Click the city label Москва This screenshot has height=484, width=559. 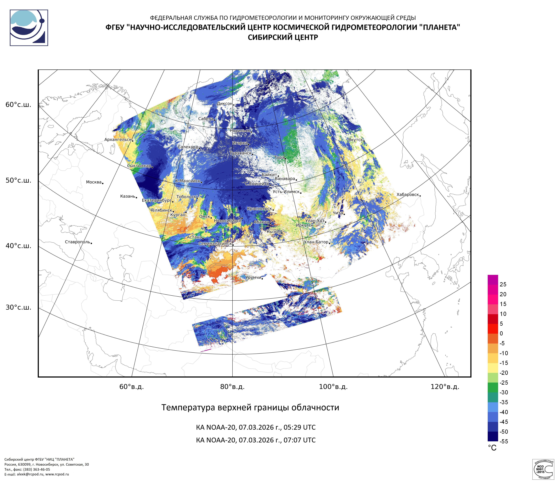(94, 182)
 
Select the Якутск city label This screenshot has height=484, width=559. (355, 140)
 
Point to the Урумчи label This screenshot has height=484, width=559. (253, 277)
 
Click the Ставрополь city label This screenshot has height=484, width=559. (77, 242)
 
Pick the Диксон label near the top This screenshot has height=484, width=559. (224, 104)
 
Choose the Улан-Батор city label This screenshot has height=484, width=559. (316, 242)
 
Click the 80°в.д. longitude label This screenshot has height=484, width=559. (232, 387)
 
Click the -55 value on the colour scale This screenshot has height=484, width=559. (504, 441)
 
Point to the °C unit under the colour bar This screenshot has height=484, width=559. (492, 448)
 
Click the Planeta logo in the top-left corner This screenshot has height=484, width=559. (29, 28)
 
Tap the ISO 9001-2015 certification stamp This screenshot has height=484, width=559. (542, 469)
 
